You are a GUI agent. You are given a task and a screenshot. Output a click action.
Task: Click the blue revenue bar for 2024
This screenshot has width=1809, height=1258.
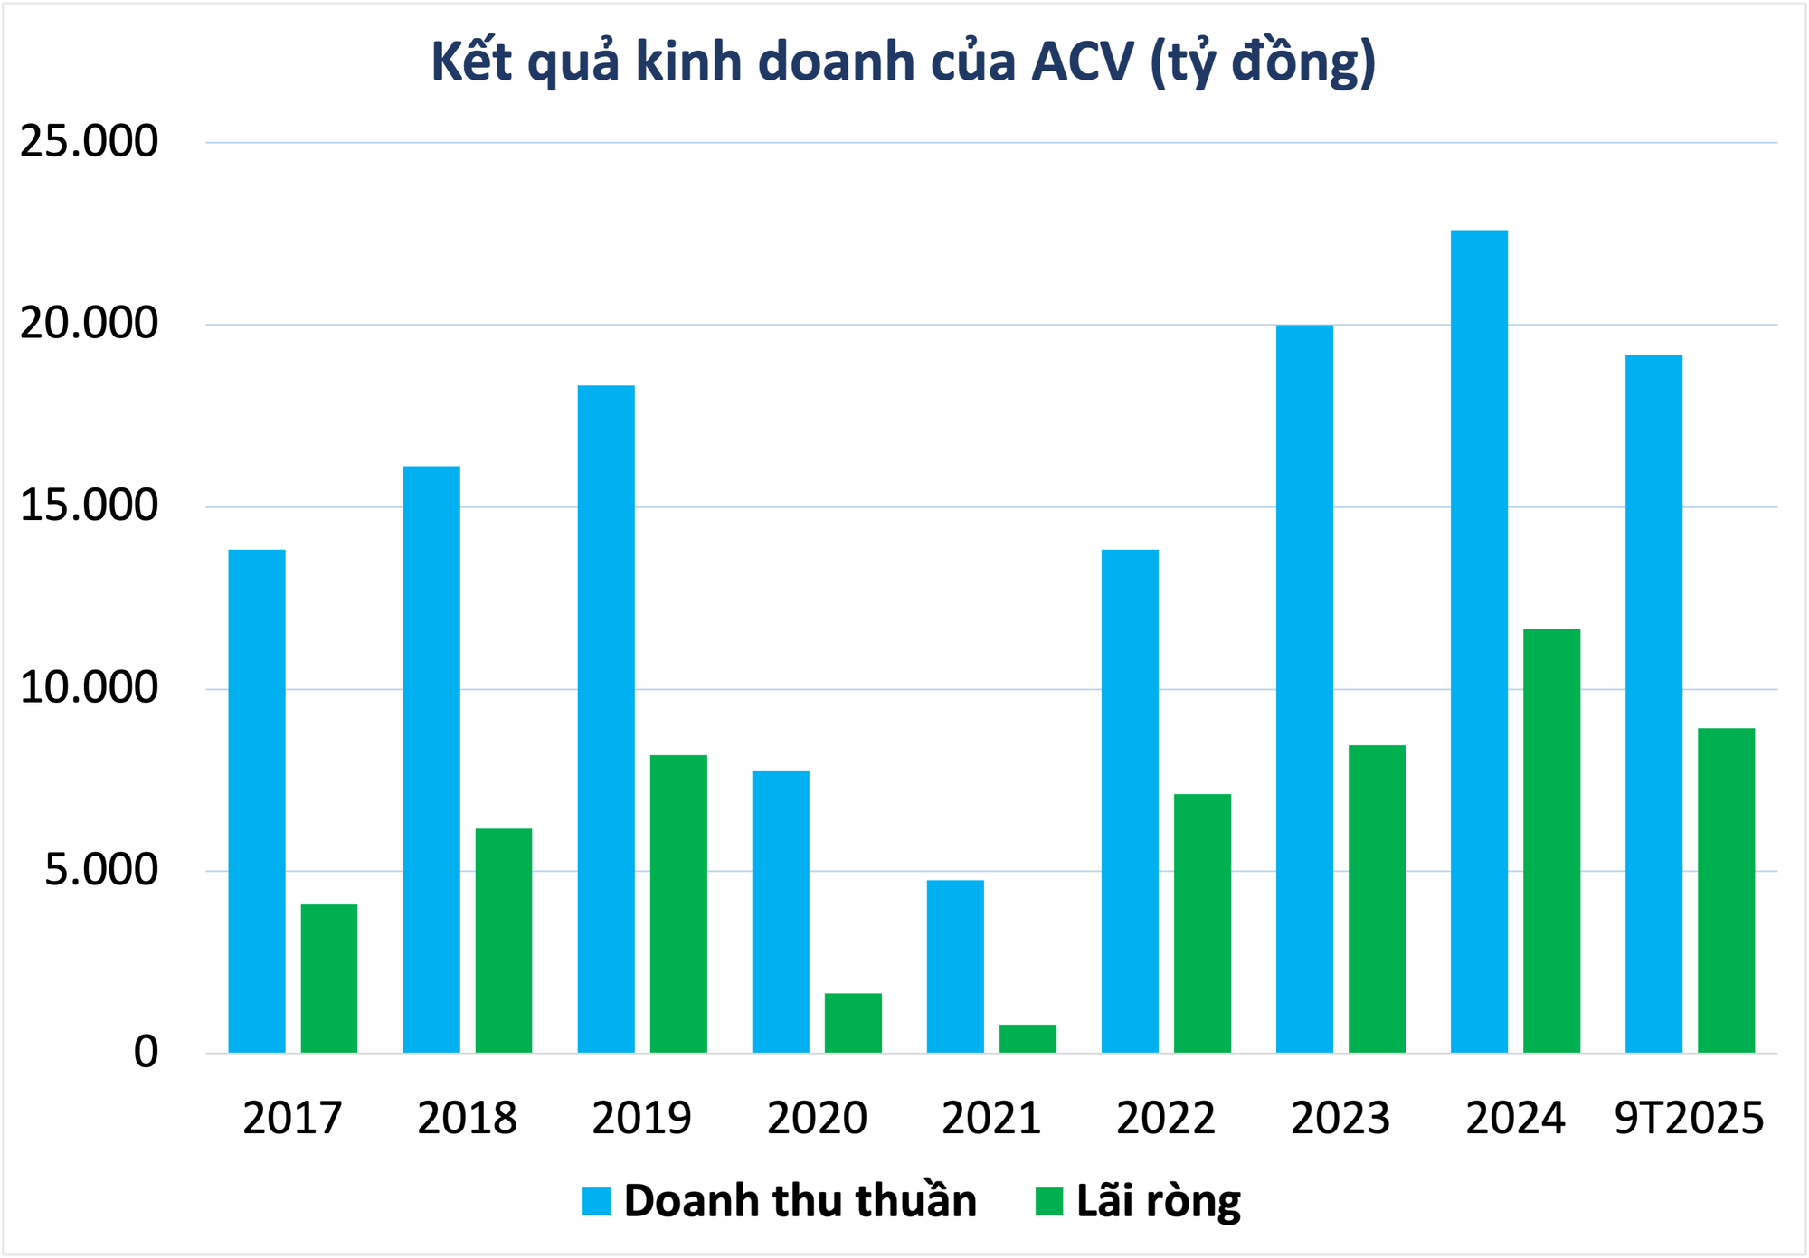tap(1479, 641)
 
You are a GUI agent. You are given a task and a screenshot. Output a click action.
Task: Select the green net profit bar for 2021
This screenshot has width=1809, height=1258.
tap(1028, 1038)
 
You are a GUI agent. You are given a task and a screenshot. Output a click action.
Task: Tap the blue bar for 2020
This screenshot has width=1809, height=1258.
tap(781, 911)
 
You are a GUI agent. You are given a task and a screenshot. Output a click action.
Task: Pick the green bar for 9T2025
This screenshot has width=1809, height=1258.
tap(1726, 890)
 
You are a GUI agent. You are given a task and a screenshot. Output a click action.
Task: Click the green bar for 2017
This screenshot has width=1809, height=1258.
tap(329, 978)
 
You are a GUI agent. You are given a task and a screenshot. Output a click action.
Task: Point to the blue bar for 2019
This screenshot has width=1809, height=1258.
tap(606, 719)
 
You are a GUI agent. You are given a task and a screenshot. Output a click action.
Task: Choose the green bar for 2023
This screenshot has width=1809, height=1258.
tap(1377, 898)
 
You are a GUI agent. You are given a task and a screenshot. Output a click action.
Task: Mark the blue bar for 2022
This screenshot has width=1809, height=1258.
tap(1130, 800)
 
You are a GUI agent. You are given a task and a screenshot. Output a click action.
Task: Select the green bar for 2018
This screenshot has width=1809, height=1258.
tap(504, 940)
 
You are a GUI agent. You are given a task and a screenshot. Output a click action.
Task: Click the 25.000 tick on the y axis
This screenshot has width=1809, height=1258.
tap(89, 142)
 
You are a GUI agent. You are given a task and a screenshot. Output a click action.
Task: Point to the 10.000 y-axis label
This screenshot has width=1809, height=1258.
tap(89, 688)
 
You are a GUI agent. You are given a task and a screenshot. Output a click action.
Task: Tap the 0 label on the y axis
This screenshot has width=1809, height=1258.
tap(146, 1052)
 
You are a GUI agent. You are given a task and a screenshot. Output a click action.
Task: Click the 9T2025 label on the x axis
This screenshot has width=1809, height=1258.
tap(1689, 1118)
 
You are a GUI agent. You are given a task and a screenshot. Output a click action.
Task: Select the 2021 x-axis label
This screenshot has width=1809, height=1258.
tap(991, 1118)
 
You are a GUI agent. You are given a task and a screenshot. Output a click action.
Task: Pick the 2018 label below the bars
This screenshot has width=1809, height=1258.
tap(467, 1118)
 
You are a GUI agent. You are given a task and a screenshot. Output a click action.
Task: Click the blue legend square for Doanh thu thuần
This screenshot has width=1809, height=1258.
tap(597, 1201)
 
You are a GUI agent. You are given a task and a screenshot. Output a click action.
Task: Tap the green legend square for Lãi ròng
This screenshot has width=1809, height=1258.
tap(1048, 1201)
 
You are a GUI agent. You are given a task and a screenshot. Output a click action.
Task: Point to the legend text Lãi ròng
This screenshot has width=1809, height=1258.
tap(1159, 1201)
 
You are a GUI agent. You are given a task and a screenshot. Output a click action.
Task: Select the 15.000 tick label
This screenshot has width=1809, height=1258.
tap(89, 506)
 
